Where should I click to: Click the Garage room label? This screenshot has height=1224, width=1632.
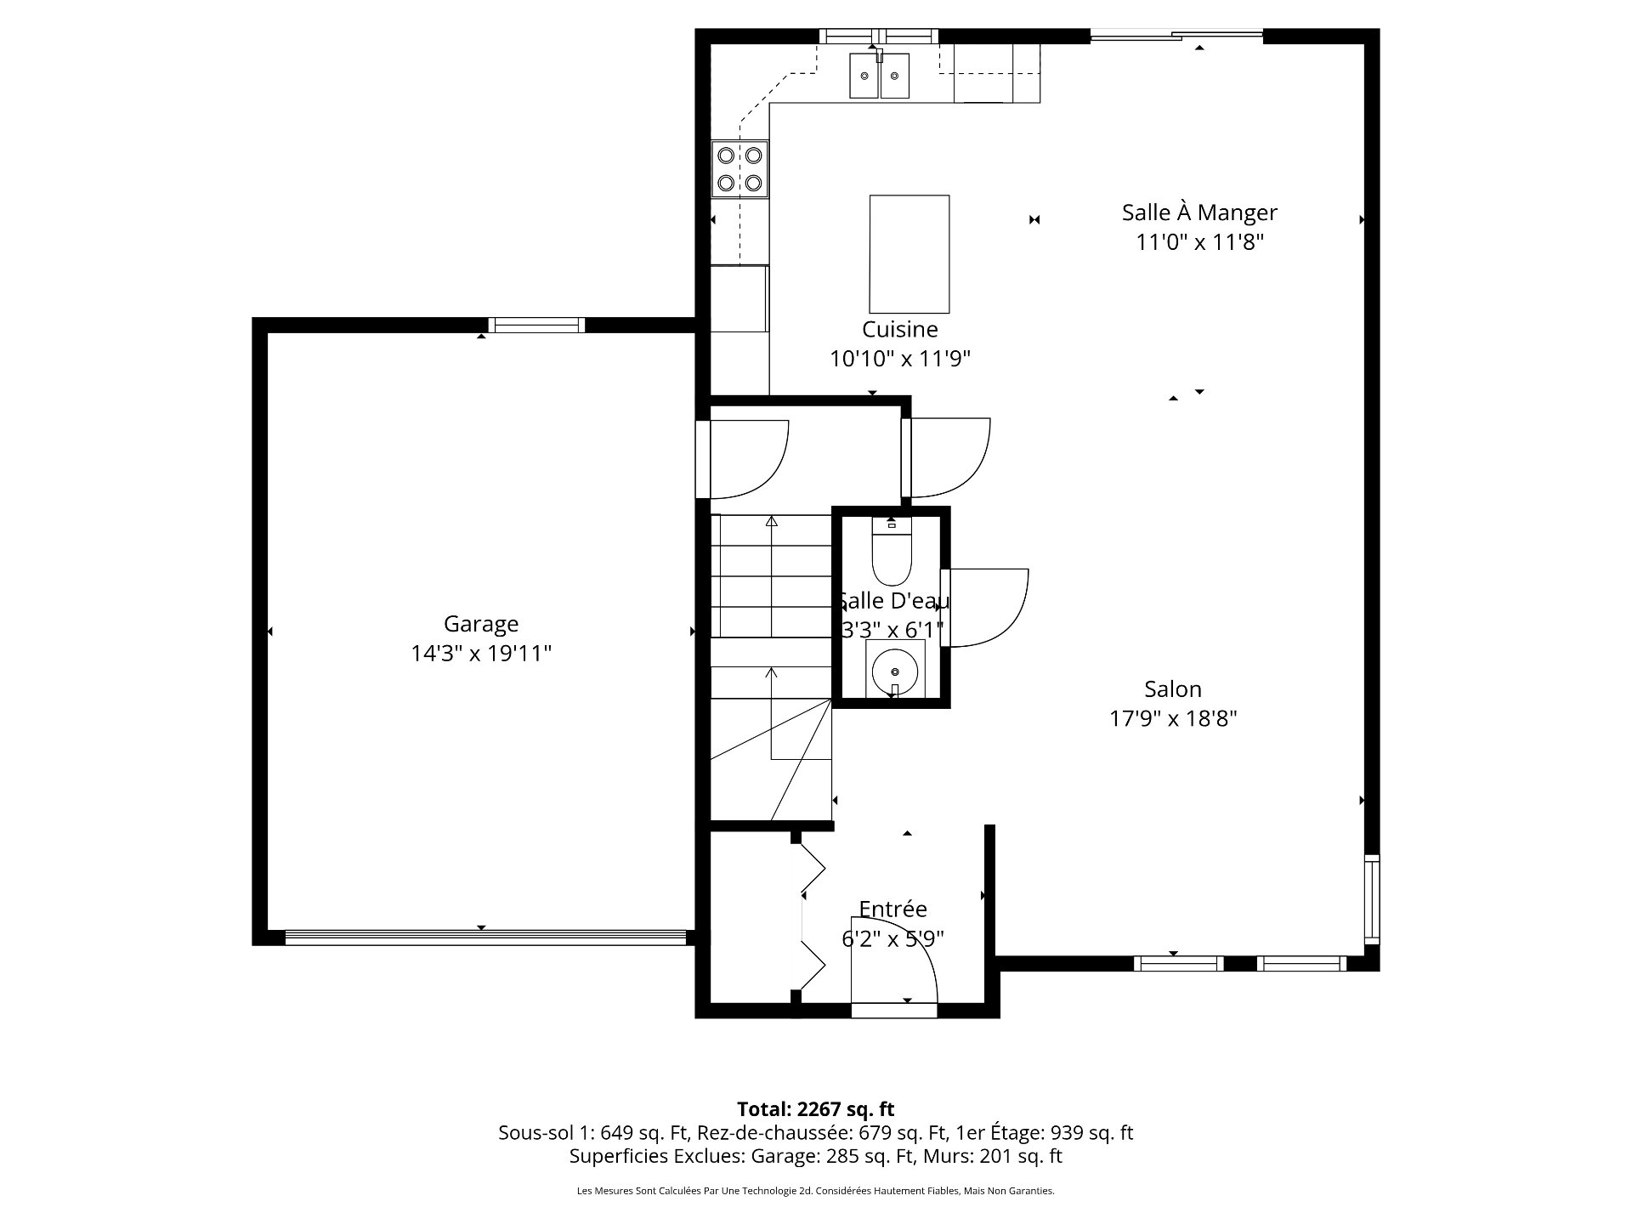pos(481,624)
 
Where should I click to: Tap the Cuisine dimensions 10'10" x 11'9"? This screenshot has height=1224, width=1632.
pos(900,359)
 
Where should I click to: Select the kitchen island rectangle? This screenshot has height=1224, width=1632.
pos(909,254)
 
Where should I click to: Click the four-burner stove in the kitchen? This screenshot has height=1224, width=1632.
pos(739,169)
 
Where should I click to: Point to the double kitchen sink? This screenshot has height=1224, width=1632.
pos(879,76)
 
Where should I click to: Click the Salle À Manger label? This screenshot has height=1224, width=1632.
pos(1199,212)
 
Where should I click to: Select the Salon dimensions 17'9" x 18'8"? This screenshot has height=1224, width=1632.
pos(1173,719)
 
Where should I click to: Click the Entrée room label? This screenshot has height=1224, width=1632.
pos(892,909)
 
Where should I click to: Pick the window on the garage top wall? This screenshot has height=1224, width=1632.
pos(536,325)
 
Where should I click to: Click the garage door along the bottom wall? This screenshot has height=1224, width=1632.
pos(485,938)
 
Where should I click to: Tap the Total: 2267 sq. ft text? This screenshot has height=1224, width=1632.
pos(815,1109)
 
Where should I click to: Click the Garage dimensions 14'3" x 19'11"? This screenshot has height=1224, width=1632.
pos(481,654)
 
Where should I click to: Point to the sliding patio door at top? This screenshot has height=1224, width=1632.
pos(1176,36)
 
